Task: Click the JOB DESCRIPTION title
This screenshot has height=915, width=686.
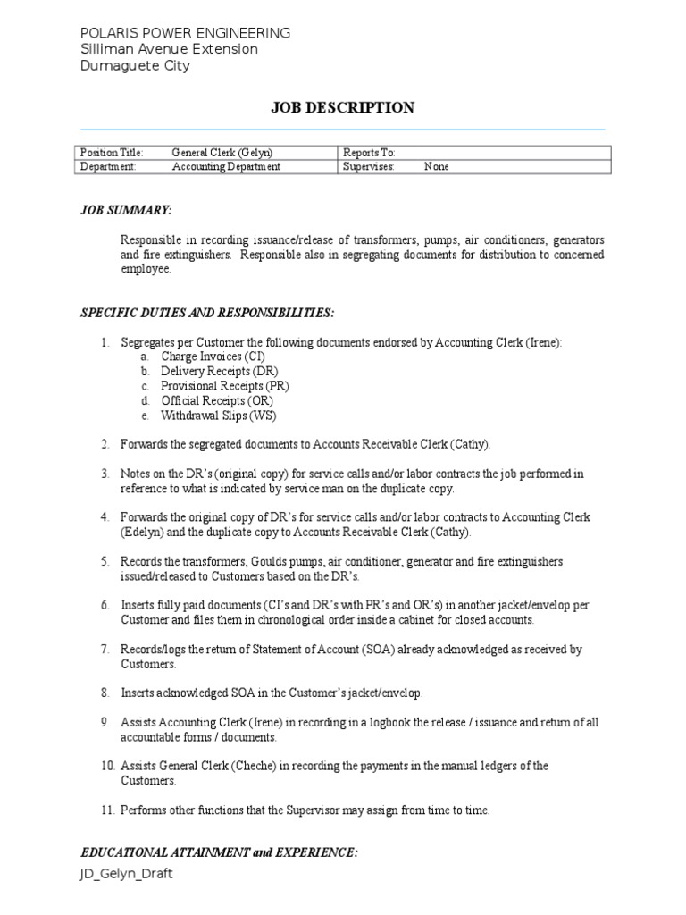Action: pos(343,108)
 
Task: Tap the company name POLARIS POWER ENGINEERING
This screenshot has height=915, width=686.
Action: pos(185,33)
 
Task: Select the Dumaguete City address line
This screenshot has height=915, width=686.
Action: pos(135,65)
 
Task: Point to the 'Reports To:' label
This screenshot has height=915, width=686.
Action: pos(369,153)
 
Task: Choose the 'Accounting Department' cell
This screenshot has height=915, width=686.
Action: pos(226,166)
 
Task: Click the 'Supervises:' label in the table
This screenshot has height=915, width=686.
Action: pos(369,166)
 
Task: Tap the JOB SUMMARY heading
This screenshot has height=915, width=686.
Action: pos(126,209)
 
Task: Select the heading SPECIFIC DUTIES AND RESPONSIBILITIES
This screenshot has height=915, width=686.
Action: pos(207,313)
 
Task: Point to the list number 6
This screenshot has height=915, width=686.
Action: pos(105,605)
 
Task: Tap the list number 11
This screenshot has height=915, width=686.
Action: pos(107,810)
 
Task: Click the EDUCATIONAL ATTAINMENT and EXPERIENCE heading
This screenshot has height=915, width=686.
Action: pos(219,852)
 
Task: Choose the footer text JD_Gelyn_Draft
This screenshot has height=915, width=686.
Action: pos(126,874)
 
